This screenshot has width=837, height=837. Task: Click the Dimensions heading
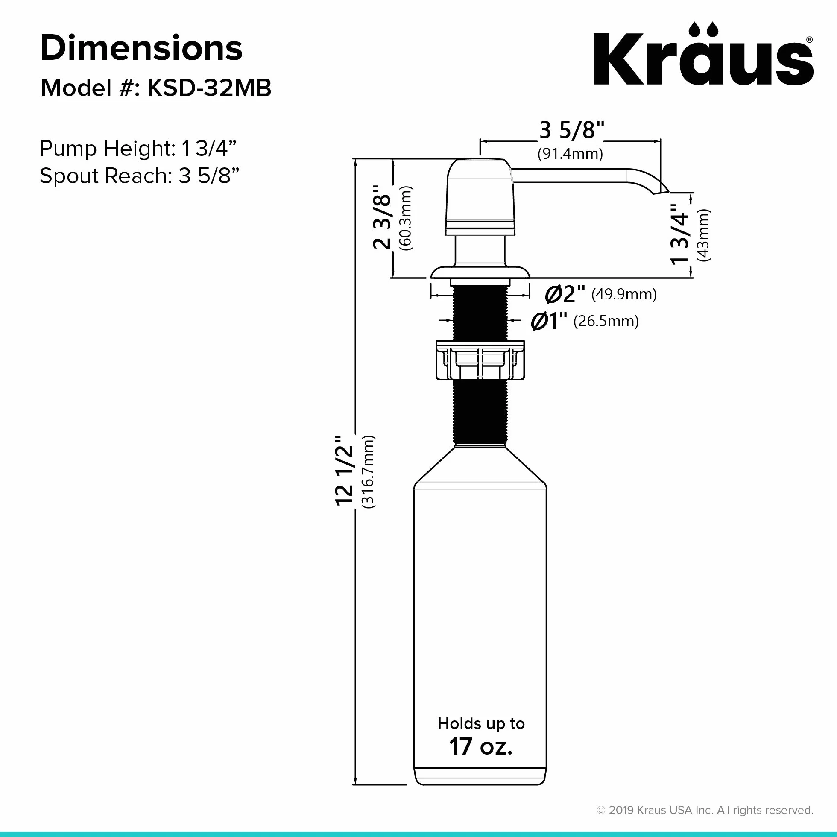click(141, 48)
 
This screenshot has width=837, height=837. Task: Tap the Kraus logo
click(703, 54)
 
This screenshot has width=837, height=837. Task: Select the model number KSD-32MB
click(209, 88)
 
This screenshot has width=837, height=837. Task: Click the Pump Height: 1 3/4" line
click(138, 149)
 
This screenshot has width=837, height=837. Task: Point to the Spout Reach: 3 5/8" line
click(140, 176)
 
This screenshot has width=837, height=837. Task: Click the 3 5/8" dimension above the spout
click(571, 130)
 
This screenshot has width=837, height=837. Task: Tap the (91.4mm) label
click(570, 154)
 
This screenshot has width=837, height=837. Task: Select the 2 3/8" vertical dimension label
click(382, 217)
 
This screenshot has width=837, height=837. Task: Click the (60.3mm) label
click(406, 218)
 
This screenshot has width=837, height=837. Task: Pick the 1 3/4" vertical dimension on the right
click(680, 234)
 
